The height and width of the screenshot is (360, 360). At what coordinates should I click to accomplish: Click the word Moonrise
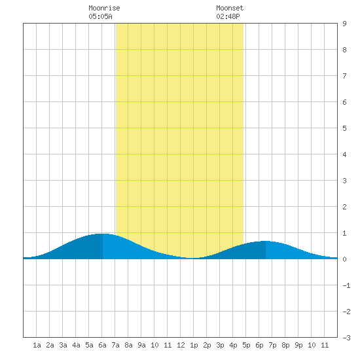tap(104, 8)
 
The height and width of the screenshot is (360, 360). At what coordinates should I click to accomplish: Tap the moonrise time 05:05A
tap(100, 16)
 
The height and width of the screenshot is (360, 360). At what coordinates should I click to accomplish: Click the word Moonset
tap(230, 8)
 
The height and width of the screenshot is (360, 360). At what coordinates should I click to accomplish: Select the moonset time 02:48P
tap(228, 16)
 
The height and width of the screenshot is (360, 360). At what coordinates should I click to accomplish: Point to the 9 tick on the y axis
tap(344, 24)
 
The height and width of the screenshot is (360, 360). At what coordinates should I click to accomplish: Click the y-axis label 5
tap(344, 128)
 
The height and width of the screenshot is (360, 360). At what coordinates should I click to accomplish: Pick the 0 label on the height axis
tap(344, 259)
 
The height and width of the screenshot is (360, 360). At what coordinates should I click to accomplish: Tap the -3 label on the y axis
tap(346, 338)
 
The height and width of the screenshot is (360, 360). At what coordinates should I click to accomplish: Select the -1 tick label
tap(346, 285)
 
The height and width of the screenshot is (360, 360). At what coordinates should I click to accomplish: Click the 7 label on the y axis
tap(344, 76)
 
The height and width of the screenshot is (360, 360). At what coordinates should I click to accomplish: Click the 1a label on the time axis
tap(37, 345)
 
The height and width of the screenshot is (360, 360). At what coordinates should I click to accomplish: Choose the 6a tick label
tap(102, 345)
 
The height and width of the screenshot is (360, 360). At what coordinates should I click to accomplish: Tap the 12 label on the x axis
tap(181, 345)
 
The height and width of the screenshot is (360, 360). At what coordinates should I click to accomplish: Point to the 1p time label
tap(194, 345)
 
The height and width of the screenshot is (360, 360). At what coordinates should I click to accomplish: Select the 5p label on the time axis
tap(246, 345)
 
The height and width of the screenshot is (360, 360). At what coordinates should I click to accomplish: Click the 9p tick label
tap(298, 345)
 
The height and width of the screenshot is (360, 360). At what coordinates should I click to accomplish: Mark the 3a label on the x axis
tap(63, 345)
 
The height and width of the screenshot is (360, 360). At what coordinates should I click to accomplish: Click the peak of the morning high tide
tap(102, 234)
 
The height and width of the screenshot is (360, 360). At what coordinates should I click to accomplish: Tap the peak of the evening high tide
tap(266, 241)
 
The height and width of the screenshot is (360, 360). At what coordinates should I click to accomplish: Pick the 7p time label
tap(272, 345)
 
